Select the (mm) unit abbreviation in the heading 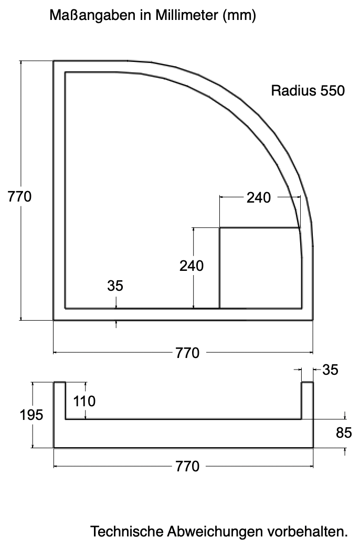pos(239,16)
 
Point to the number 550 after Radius pos(330,91)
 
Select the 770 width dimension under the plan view pos(187,353)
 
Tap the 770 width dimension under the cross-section pos(187,466)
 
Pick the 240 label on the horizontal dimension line pos(259,197)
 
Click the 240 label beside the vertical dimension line pos(192,266)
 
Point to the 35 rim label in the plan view pos(115,286)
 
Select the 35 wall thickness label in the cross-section pos(330,370)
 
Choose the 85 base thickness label pos(344,434)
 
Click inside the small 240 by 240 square pos(259,268)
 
